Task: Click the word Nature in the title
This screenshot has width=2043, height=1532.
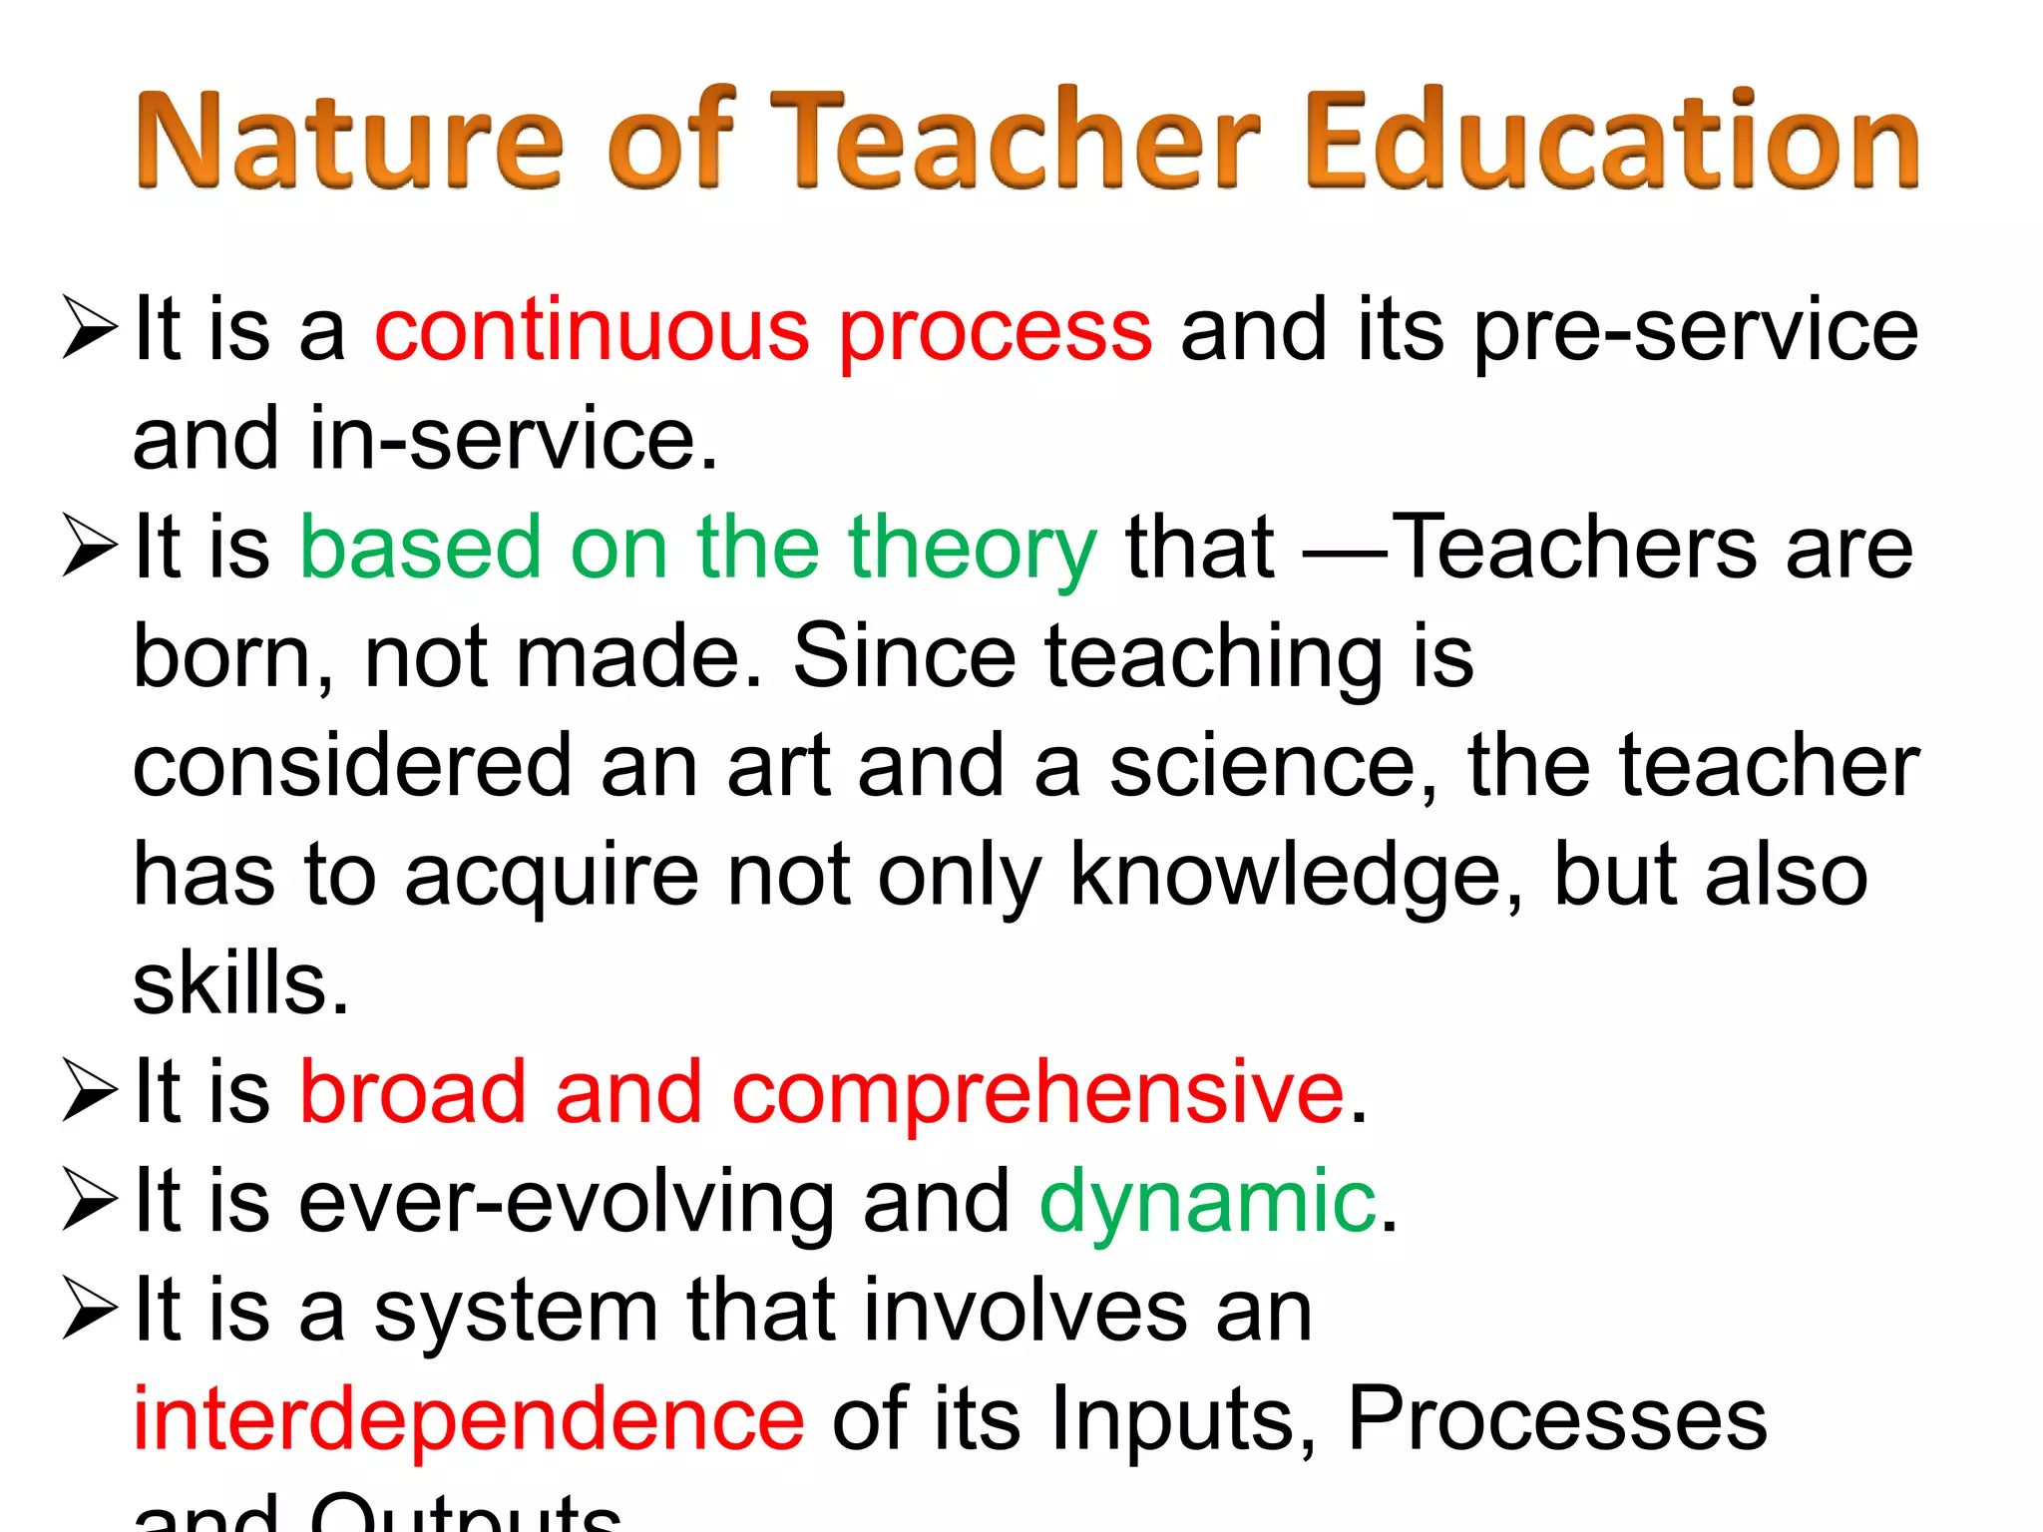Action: pos(348,140)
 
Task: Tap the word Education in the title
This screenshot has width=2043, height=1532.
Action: pos(1610,140)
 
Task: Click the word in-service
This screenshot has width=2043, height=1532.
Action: pos(513,439)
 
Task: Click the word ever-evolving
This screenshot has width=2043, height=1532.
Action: pos(568,1202)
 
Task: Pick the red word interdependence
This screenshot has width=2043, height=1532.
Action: pos(468,1418)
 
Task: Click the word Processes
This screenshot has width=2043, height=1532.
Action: pos(1557,1418)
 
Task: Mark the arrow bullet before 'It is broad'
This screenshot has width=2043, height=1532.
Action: pos(90,1091)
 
